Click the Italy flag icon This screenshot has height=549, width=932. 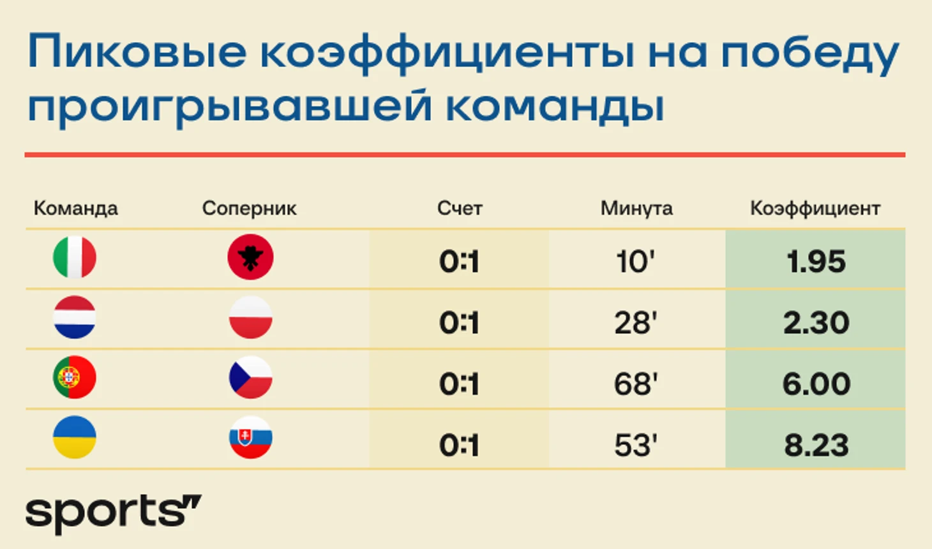(x=75, y=257)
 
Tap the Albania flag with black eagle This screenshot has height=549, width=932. (x=250, y=257)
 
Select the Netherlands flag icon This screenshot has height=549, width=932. (x=75, y=317)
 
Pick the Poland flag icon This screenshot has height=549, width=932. (x=250, y=317)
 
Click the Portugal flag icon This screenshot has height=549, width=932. (x=75, y=377)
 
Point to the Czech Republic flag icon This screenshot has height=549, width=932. (x=250, y=377)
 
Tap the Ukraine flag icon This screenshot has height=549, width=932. (x=75, y=437)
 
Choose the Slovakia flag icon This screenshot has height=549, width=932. (x=250, y=437)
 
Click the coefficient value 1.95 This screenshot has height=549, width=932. (x=816, y=262)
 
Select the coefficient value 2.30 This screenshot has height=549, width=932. (x=816, y=322)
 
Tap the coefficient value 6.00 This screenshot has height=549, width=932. (x=816, y=384)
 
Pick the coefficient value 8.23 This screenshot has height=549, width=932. (x=816, y=445)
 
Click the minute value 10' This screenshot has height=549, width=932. (x=636, y=262)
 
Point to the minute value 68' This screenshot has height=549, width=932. (x=636, y=384)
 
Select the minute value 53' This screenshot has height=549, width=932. (x=636, y=445)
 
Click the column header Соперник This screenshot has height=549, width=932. (x=249, y=208)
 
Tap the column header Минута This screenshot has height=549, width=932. (x=636, y=208)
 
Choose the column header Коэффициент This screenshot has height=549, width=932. (x=815, y=209)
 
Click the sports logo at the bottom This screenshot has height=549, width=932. (x=114, y=514)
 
